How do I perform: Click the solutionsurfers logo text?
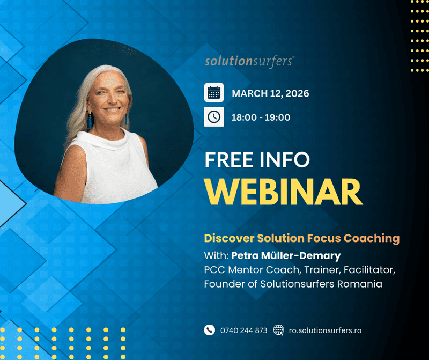coord(249,62)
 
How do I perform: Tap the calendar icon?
coord(214,93)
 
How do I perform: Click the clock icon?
coord(214,116)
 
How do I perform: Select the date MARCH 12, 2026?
coord(270,94)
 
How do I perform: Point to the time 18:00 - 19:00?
coord(261,117)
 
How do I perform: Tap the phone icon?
coord(209,330)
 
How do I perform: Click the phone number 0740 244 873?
coord(243,330)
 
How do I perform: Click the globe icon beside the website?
coord(279,330)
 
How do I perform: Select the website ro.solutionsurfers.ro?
coord(325,330)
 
